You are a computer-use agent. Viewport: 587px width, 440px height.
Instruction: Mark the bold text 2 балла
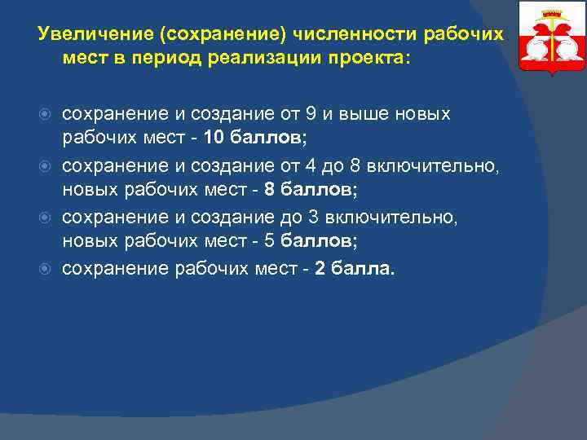point(352,268)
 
